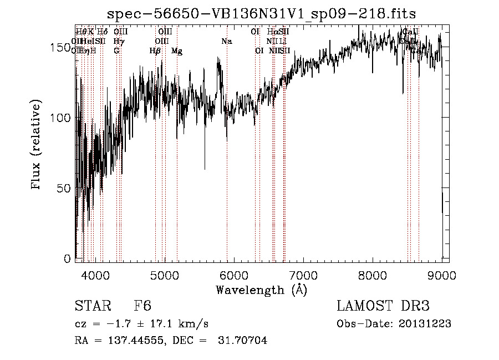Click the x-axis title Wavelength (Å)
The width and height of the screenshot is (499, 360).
pos(261,290)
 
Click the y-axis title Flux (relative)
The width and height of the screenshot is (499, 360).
pos(37,146)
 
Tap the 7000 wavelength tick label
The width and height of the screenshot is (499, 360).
pos(303,275)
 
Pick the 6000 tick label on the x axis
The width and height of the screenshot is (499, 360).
pos(234,275)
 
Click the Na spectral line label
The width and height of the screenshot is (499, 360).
pos(226,42)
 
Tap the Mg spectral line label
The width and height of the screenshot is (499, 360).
pos(176,51)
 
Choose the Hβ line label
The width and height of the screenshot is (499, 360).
pos(155,51)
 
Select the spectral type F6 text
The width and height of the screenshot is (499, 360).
pos(142,307)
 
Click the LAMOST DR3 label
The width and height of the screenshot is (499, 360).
pos(383,307)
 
